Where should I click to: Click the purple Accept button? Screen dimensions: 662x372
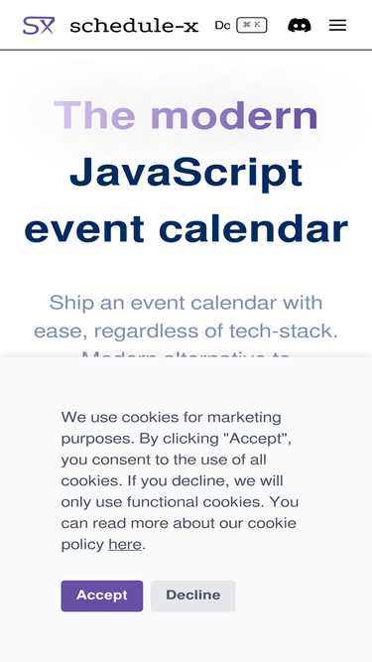point(102,596)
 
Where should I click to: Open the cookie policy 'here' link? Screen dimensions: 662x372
point(125,544)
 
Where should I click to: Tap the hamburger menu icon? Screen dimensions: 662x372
point(337,25)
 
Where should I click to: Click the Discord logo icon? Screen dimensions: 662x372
point(299,25)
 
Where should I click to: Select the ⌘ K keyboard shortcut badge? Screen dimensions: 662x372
point(252,25)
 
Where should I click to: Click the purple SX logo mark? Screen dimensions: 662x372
point(39,26)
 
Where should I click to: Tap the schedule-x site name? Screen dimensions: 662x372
point(134,26)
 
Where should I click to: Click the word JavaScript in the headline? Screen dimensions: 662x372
point(186,173)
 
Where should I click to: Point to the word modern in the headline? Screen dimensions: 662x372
point(242,116)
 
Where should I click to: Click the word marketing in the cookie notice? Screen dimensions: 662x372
point(244,417)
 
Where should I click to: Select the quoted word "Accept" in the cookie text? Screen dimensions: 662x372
point(257,438)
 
